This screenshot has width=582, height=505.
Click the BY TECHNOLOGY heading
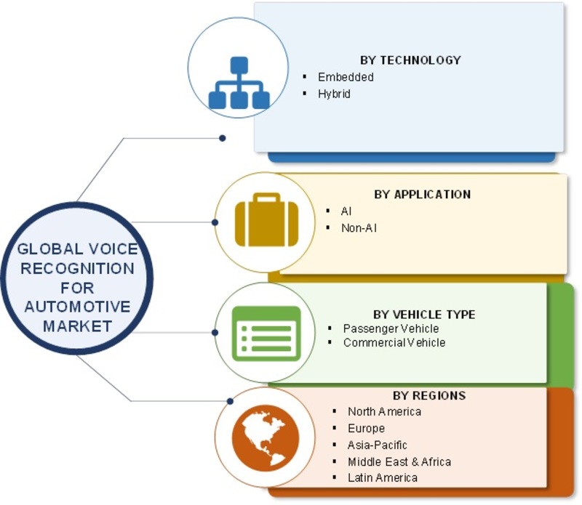[x=410, y=60]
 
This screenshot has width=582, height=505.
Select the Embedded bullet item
[x=346, y=77]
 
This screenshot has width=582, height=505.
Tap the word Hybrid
[x=334, y=94]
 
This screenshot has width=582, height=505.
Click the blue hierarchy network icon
[x=239, y=82]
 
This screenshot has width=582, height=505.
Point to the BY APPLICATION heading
[x=423, y=194]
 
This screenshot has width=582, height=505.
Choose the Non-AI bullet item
[x=359, y=228]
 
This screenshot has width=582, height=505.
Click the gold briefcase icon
[x=266, y=220]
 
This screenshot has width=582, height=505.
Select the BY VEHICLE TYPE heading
[x=424, y=315]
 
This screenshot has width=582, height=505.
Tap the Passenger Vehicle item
[x=391, y=328]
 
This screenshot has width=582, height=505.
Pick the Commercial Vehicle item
[x=394, y=342]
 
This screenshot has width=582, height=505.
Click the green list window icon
[x=266, y=334]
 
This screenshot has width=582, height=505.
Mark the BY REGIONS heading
[x=429, y=395]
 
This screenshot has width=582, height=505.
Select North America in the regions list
[x=385, y=411]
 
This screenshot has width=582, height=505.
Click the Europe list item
[x=366, y=428]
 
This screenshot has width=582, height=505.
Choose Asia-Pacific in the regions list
[x=377, y=445]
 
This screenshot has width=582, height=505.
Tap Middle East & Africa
[x=399, y=461]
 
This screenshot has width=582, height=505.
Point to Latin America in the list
[x=383, y=477]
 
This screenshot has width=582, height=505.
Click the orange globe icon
[x=266, y=438]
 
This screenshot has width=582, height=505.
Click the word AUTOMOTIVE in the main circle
[x=78, y=307]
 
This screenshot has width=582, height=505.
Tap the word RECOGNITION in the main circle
[x=78, y=268]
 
